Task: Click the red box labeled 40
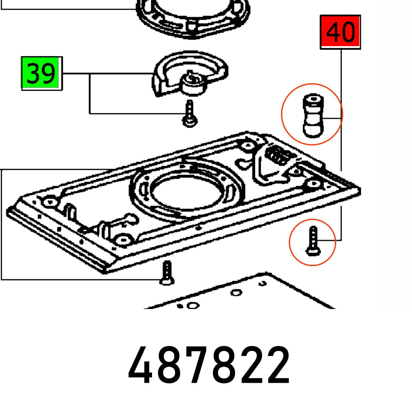(340, 32)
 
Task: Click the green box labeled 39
(41, 74)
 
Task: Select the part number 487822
(209, 365)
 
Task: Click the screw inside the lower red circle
(312, 241)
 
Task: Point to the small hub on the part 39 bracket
(193, 83)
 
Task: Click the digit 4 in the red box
(333, 32)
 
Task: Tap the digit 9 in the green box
(48, 74)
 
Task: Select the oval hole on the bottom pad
(236, 293)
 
